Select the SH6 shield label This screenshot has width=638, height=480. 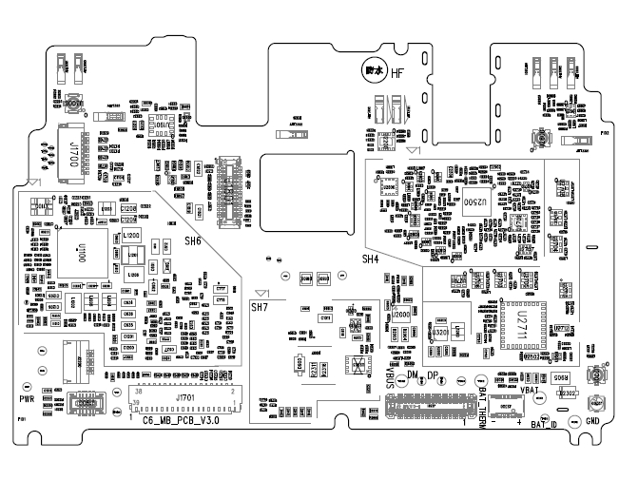[x=193, y=241]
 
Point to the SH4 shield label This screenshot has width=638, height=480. [x=371, y=259]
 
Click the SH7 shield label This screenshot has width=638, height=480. [x=260, y=308]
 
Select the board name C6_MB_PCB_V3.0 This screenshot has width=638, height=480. [x=181, y=419]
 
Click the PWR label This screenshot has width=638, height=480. [x=27, y=400]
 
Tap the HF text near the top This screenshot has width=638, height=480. [x=396, y=73]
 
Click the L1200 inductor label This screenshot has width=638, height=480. [x=130, y=235]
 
